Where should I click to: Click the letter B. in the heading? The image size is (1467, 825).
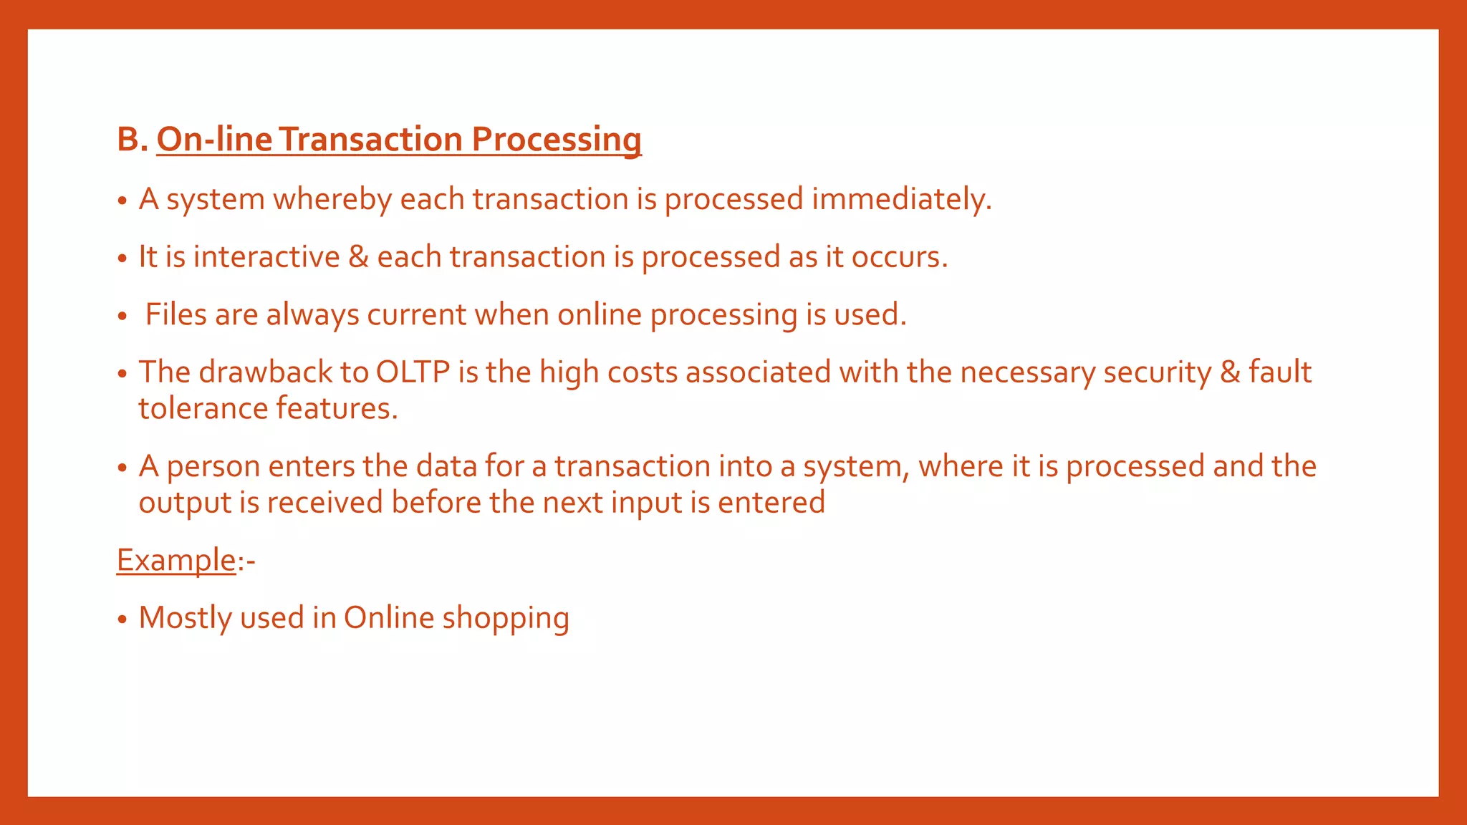pyautogui.click(x=132, y=139)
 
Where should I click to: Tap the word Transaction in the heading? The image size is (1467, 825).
pyautogui.click(x=371, y=139)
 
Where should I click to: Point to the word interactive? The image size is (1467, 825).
pyautogui.click(x=266, y=257)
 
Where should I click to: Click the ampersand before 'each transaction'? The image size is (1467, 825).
pyautogui.click(x=358, y=257)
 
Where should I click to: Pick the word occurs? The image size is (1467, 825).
pyautogui.click(x=899, y=257)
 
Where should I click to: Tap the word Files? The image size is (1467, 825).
pyautogui.click(x=175, y=314)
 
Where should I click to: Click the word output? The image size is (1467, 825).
pyautogui.click(x=185, y=503)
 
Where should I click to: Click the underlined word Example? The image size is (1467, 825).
pyautogui.click(x=176, y=560)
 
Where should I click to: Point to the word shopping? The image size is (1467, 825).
pyautogui.click(x=505, y=619)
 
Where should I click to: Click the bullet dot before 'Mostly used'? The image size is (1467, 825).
pyautogui.click(x=122, y=619)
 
